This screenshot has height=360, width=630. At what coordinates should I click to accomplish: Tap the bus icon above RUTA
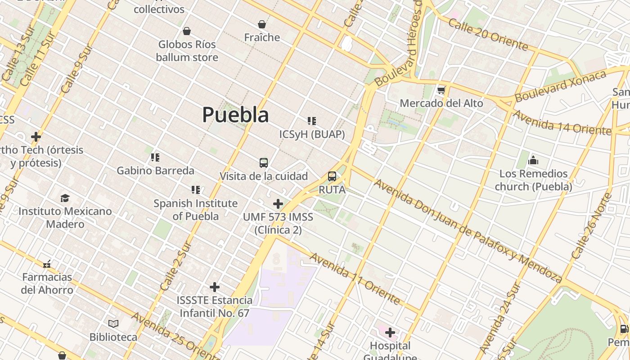click(x=332, y=176)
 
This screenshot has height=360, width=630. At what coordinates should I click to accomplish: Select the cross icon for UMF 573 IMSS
click(x=278, y=204)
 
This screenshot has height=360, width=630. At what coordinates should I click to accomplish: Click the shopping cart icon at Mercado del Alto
click(x=441, y=90)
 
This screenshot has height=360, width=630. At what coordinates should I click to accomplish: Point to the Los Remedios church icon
click(x=533, y=160)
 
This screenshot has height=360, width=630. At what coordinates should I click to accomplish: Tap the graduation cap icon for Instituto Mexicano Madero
click(x=65, y=198)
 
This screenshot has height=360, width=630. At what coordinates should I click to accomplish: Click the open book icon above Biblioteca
click(x=113, y=324)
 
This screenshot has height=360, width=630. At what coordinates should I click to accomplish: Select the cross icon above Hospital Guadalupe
click(x=390, y=333)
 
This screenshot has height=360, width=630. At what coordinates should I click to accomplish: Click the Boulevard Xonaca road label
click(x=560, y=86)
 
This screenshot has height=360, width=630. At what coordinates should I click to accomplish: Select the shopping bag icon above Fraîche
click(x=262, y=24)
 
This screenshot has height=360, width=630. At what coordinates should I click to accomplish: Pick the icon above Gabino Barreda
click(x=155, y=157)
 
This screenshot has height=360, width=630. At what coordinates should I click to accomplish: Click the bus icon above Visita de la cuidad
click(x=264, y=163)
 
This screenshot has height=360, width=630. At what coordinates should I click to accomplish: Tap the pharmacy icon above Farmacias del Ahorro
click(x=47, y=264)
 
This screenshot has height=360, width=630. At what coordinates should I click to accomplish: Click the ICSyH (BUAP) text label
click(x=312, y=134)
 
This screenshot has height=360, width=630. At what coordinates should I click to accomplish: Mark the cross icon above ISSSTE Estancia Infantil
click(x=215, y=287)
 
